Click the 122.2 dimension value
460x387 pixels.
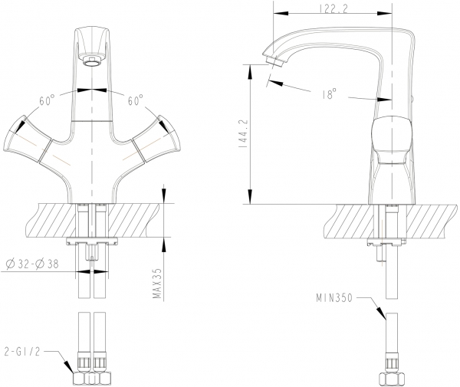tap(333, 8)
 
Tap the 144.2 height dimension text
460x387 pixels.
tap(244, 133)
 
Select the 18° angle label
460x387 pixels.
tap(329, 93)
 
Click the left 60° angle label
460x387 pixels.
tap(47, 100)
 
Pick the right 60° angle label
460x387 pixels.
tap(135, 100)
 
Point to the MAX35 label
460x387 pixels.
tap(157, 284)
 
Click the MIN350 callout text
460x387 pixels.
tap(333, 298)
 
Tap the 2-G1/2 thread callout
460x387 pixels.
tap(22, 351)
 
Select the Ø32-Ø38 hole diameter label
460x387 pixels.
tap(32, 264)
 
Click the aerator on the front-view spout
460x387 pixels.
tap(92, 60)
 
